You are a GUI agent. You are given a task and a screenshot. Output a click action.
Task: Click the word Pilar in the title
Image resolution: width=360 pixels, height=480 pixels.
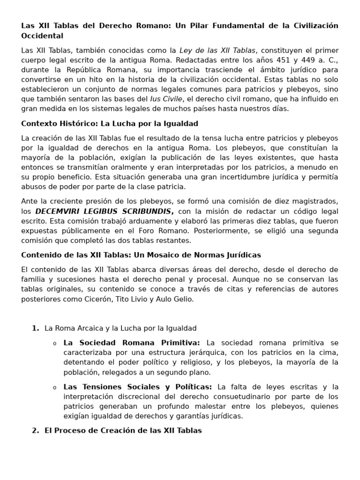coord(201,25)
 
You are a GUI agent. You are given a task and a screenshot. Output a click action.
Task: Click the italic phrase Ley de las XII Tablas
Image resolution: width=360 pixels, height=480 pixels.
coord(218,50)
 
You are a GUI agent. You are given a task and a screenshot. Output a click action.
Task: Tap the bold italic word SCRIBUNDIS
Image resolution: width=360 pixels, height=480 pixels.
coord(146,211)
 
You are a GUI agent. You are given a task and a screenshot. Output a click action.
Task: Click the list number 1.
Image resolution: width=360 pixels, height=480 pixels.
coord(35,329)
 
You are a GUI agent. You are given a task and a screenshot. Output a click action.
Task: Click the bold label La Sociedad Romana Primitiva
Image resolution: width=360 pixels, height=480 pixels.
coord(131,343)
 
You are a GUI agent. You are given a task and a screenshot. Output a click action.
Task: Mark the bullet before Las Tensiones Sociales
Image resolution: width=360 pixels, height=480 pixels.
coord(54,388)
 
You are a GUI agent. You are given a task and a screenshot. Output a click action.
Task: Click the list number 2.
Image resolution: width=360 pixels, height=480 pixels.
coord(35,430)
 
